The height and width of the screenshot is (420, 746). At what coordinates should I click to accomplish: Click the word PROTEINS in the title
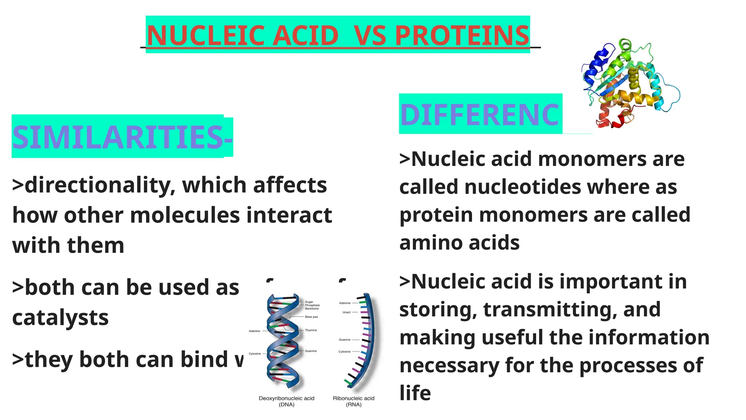click(x=462, y=35)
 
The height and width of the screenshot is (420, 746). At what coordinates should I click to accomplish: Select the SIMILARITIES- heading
click(x=122, y=137)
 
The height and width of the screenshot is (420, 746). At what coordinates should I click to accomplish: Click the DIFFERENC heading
click(x=479, y=115)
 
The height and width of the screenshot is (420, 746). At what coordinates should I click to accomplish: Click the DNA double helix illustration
click(x=284, y=343)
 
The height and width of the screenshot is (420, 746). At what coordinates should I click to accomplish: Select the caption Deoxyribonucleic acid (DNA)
click(x=286, y=401)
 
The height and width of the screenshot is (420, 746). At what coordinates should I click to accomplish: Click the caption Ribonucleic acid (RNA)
click(x=353, y=401)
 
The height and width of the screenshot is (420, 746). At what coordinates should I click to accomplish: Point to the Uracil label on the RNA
click(x=346, y=312)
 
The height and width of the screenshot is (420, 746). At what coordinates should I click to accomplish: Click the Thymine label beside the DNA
click(x=311, y=330)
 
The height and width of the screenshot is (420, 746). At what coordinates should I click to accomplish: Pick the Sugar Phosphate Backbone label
click(x=312, y=305)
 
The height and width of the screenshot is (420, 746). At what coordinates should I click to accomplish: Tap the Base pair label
click(x=311, y=317)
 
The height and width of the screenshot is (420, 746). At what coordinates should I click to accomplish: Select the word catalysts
click(x=60, y=318)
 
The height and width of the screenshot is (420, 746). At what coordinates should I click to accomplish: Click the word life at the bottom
click(x=415, y=393)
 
